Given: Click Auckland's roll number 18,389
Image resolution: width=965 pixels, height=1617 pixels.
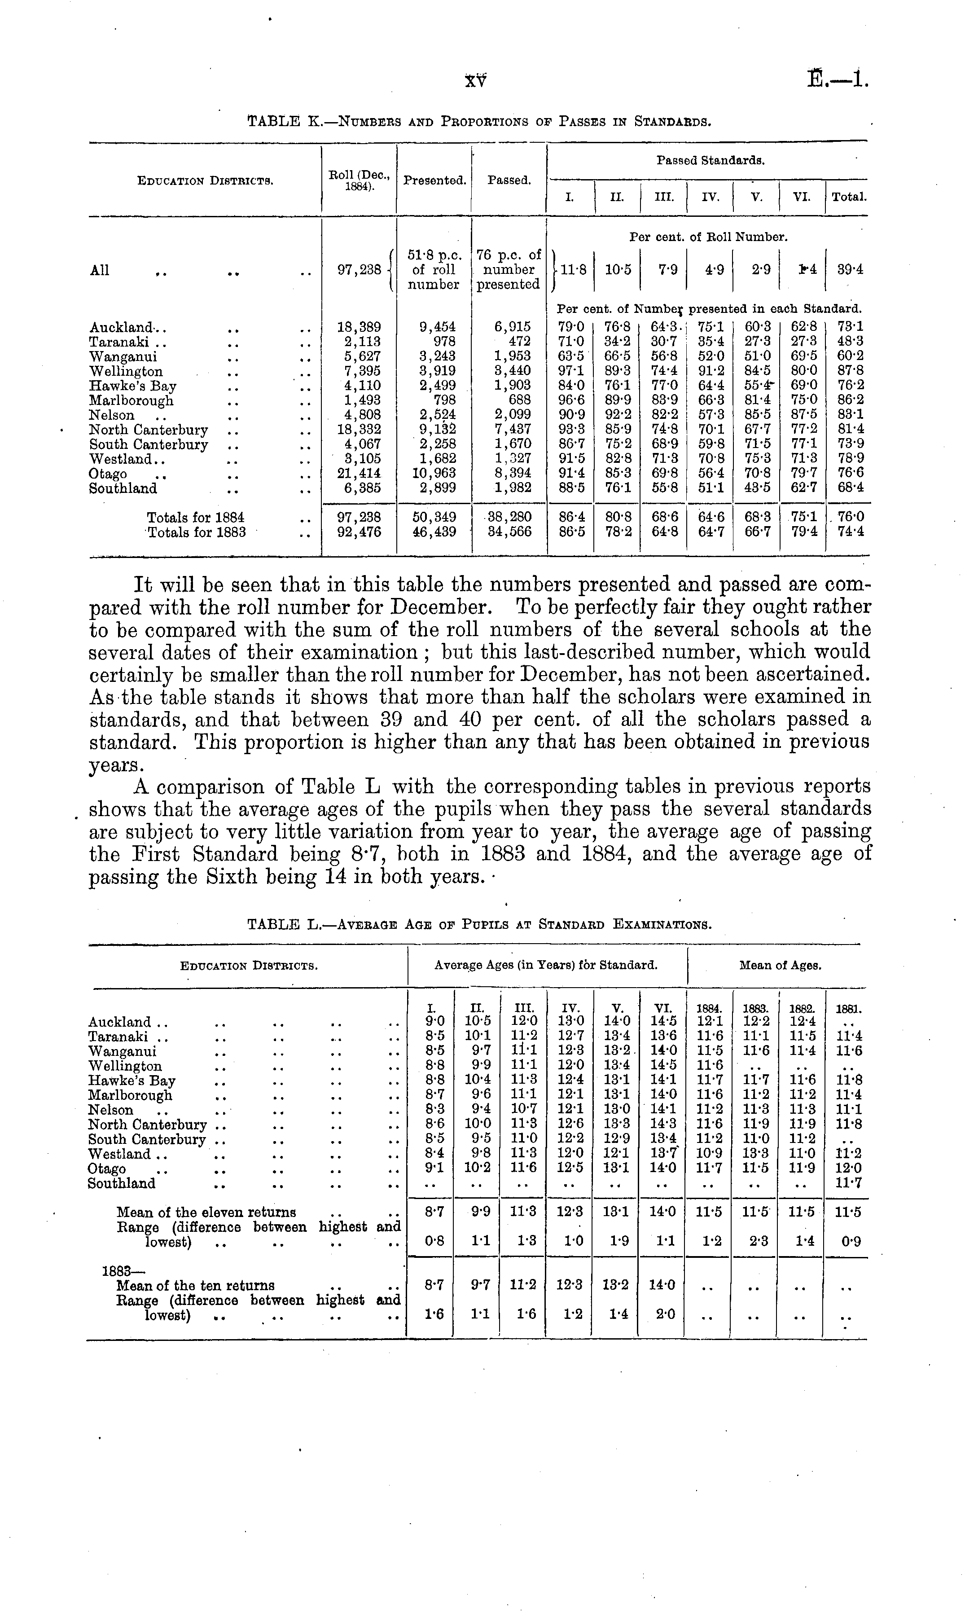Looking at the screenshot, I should coord(359,327).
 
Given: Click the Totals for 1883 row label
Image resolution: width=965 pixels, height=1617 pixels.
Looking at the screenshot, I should coord(197,532).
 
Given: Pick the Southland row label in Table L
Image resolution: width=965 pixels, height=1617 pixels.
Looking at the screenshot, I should coord(122,1183).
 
